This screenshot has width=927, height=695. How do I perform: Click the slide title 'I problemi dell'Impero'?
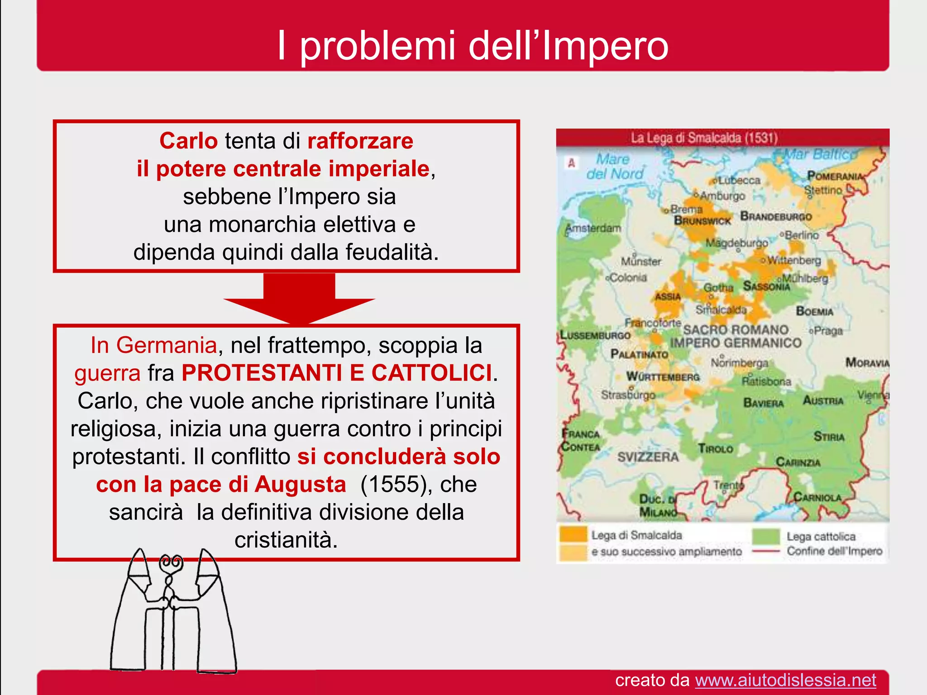(473, 45)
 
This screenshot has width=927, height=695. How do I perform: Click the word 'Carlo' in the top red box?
(188, 141)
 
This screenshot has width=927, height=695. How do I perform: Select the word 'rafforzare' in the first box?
(360, 141)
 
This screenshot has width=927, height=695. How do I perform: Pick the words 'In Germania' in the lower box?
(153, 345)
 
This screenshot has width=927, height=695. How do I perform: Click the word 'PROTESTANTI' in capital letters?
(262, 373)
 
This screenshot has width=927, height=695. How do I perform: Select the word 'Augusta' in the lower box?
(300, 484)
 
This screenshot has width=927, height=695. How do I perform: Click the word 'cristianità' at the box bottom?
(286, 540)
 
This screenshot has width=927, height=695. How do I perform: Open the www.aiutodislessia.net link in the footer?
(785, 680)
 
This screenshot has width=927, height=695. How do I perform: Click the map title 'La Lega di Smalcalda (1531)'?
(704, 138)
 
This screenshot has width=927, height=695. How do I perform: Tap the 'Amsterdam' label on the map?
(594, 228)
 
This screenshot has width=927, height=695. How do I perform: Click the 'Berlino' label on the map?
(801, 235)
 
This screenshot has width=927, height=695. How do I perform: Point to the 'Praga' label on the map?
(828, 331)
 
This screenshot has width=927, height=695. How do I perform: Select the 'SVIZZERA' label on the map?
(648, 457)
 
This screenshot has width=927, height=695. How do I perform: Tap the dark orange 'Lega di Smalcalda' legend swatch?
(573, 534)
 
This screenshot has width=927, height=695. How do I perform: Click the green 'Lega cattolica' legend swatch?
(766, 536)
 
